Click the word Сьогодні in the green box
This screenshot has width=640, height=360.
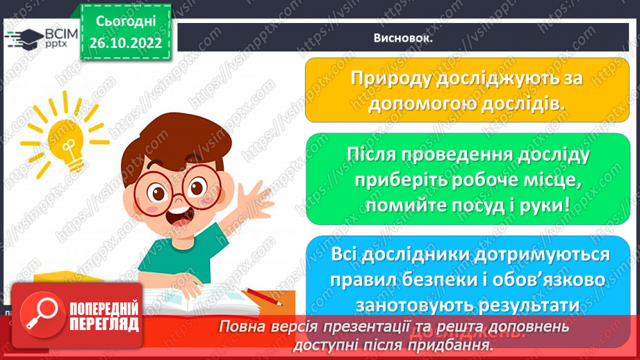[126, 21]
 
